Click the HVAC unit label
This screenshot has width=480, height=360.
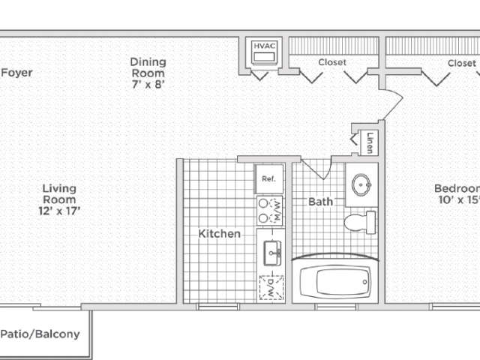pyautogui.click(x=265, y=46)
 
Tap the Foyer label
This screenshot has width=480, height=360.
pyautogui.click(x=16, y=73)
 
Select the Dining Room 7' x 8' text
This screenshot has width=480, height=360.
pyautogui.click(x=148, y=73)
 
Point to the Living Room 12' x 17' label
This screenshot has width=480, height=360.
pyautogui.click(x=59, y=199)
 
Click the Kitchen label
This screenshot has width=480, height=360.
pyautogui.click(x=220, y=234)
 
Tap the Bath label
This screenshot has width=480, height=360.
pyautogui.click(x=320, y=202)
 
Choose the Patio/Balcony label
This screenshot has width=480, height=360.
pyautogui.click(x=40, y=334)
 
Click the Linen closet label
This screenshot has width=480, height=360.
pyautogui.click(x=370, y=142)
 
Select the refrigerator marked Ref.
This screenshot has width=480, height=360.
pyautogui.click(x=269, y=179)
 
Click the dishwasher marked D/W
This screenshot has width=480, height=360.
pyautogui.click(x=271, y=288)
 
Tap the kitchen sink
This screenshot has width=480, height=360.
pyautogui.click(x=272, y=253)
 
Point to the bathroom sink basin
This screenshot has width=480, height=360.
pyautogui.click(x=361, y=184)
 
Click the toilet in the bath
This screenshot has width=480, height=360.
pyautogui.click(x=360, y=222)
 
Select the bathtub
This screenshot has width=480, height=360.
pyautogui.click(x=335, y=282)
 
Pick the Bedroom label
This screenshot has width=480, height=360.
pyautogui.click(x=457, y=194)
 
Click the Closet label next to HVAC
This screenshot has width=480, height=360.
pyautogui.click(x=332, y=62)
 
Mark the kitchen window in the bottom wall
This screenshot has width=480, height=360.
pyautogui.click(x=218, y=307)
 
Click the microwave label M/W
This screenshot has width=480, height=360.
pyautogui.click(x=277, y=211)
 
